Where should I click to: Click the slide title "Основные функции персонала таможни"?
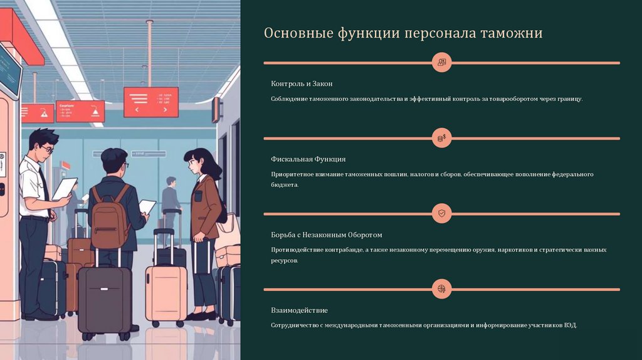[403, 33]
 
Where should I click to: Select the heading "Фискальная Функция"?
[308, 159]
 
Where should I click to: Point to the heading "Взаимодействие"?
[299, 310]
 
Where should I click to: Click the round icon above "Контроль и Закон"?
[442, 63]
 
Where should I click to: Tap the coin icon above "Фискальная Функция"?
[442, 138]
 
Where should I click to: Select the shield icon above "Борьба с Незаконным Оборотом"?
[442, 214]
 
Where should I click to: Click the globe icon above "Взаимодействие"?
[442, 289]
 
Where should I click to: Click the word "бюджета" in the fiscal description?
[285, 185]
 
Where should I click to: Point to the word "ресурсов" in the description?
[284, 260]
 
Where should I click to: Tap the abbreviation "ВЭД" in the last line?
[568, 326]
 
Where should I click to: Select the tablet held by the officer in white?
[65, 188]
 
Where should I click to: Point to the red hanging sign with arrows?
[150, 102]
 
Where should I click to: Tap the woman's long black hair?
[211, 166]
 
